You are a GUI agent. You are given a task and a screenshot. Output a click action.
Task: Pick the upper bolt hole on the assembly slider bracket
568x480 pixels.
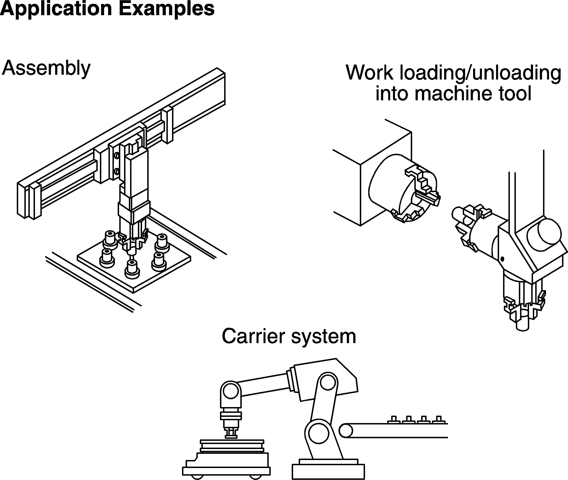point(116,156)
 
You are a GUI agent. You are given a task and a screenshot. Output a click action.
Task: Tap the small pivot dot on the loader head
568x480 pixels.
point(502,259)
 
